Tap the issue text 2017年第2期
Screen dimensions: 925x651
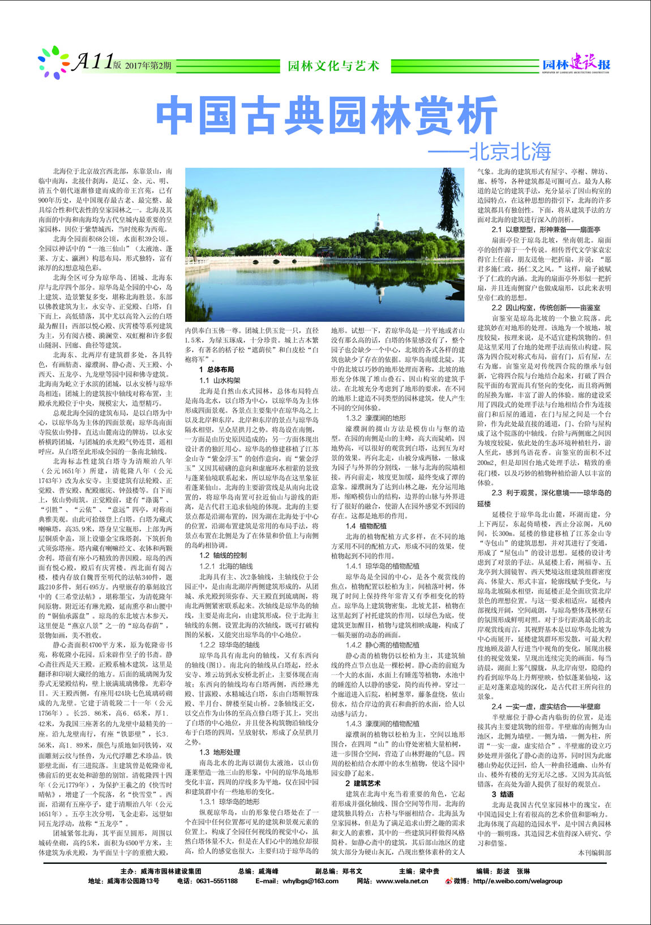point(148,66)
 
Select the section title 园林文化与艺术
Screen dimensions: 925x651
point(333,66)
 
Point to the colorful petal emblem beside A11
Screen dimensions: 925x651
point(54,62)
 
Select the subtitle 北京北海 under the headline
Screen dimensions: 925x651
point(509,152)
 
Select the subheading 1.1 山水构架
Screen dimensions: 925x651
point(220,380)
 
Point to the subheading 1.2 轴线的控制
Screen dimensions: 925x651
point(223,555)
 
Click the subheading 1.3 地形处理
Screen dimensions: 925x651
point(220,752)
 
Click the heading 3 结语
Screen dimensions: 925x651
point(502,794)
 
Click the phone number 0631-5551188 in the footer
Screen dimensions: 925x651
point(216,881)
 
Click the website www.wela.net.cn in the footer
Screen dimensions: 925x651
point(402,881)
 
